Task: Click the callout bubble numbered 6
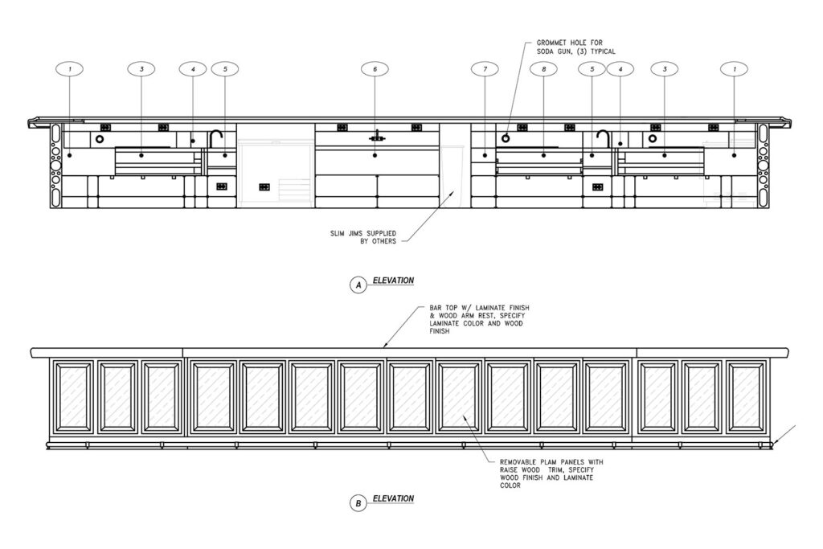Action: point(375,69)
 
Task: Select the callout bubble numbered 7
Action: point(485,69)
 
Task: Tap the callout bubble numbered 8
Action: point(544,69)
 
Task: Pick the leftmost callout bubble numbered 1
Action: point(70,69)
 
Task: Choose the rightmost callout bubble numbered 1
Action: point(734,69)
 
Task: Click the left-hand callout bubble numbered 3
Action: point(141,69)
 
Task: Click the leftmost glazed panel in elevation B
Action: point(72,396)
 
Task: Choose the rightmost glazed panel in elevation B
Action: point(747,396)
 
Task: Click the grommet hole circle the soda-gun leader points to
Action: point(506,139)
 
